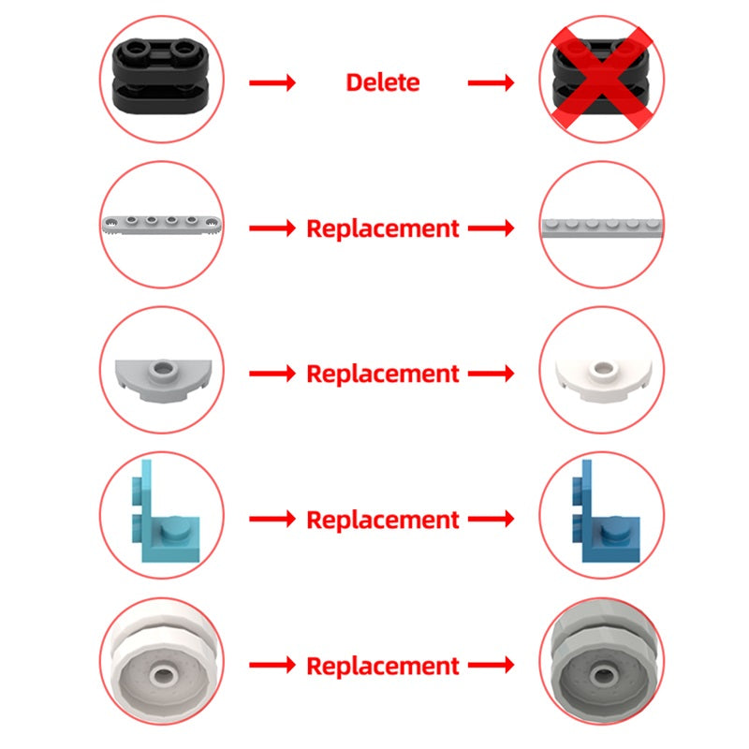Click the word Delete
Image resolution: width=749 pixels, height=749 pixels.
tap(383, 82)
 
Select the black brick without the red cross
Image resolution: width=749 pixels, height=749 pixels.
tap(160, 76)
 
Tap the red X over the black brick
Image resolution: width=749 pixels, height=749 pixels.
tap(601, 78)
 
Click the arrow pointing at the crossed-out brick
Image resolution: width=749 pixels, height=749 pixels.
tap(491, 82)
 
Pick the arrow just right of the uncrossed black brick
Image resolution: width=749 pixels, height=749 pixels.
tap(272, 82)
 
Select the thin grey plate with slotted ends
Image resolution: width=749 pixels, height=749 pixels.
tap(162, 224)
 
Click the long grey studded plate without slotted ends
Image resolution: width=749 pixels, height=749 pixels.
tap(602, 228)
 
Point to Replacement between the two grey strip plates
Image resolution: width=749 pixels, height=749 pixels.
tap(383, 228)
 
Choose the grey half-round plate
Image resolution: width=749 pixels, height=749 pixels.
tap(163, 380)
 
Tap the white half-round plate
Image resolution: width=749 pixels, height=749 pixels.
tap(603, 381)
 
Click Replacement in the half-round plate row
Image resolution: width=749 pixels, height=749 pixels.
tap(383, 374)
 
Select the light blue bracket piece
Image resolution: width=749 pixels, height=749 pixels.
tap(166, 511)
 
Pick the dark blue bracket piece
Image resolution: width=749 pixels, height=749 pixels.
tap(606, 511)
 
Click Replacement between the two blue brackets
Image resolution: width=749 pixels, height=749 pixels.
tap(383, 520)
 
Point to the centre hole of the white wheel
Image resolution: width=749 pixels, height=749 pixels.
tap(163, 675)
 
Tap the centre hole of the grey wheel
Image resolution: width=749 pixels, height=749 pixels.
tap(603, 675)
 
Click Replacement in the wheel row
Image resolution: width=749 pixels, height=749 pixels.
tap(383, 666)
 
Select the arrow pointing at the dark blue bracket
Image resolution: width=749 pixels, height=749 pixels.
tap(491, 519)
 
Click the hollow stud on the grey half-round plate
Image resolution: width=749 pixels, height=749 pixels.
tap(163, 370)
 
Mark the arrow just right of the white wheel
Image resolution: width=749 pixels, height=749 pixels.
tap(272, 665)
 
